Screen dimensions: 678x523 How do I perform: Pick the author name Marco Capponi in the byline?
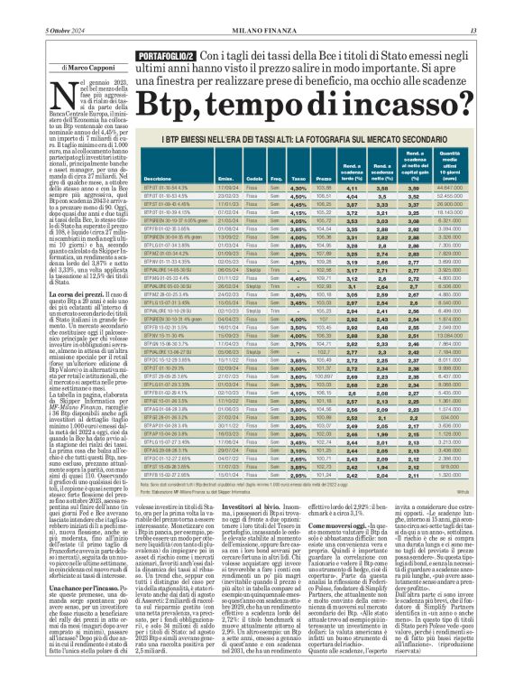point(74,66)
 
